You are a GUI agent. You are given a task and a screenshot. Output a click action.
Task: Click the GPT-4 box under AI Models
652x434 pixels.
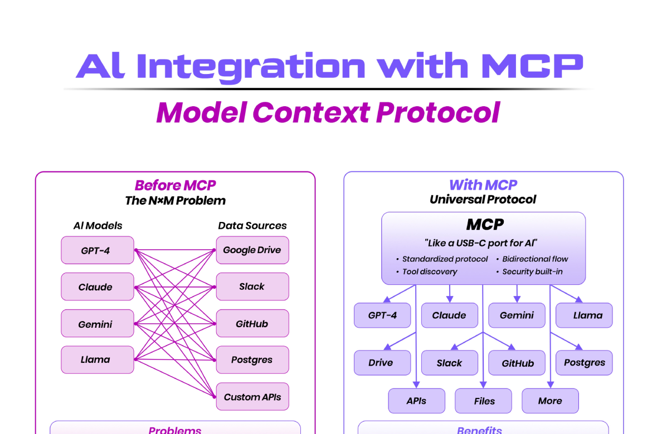(98, 250)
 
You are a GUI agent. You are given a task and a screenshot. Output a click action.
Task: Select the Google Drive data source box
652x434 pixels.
(252, 250)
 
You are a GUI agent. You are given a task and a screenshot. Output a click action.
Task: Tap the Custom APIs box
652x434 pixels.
(252, 397)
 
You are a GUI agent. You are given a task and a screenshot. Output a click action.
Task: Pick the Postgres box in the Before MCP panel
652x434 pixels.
(252, 360)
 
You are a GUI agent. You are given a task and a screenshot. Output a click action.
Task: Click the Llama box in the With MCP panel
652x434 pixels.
(584, 315)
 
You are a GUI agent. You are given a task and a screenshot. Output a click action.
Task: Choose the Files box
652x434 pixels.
(484, 401)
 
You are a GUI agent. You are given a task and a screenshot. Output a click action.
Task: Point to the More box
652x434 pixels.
(550, 401)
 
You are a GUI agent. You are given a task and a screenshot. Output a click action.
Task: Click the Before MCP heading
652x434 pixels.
(175, 185)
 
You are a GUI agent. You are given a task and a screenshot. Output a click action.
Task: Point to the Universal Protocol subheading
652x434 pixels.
(483, 199)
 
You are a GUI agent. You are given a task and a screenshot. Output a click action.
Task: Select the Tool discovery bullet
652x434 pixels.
(430, 272)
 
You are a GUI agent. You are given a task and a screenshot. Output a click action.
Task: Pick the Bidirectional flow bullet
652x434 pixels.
(535, 259)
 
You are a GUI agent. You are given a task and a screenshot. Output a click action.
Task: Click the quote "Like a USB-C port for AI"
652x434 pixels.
(483, 243)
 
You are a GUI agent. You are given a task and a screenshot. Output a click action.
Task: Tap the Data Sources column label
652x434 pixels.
(252, 226)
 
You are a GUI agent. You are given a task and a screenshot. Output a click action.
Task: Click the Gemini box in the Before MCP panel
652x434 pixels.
(98, 324)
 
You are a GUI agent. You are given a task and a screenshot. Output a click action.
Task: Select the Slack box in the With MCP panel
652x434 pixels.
(450, 363)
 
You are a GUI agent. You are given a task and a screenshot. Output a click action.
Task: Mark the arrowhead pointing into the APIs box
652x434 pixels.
(416, 386)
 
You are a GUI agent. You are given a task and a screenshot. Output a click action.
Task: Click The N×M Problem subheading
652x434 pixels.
(175, 201)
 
